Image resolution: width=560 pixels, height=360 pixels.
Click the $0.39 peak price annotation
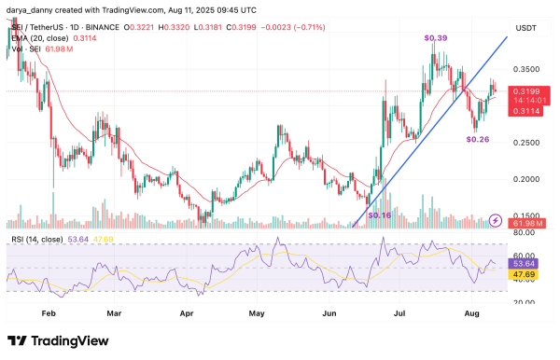[x=435, y=37]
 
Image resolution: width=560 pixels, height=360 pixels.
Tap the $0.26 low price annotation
[x=478, y=139]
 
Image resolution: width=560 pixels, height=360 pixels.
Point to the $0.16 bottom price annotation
[x=381, y=215]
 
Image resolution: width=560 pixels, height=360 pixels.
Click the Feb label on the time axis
[x=49, y=315]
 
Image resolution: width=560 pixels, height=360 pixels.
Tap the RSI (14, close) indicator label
[x=31, y=240]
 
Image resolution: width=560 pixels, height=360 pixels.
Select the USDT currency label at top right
[x=528, y=29]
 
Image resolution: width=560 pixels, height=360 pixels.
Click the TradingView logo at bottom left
[x=47, y=340]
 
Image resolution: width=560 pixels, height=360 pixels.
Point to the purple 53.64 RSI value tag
[x=528, y=266]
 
